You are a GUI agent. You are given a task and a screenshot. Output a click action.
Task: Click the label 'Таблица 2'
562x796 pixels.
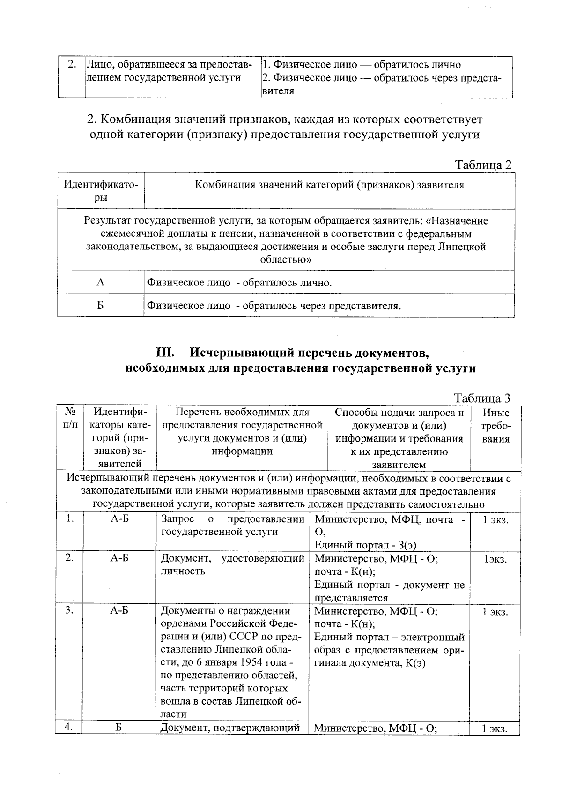(483, 165)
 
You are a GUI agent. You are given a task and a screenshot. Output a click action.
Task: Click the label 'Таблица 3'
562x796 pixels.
(482, 398)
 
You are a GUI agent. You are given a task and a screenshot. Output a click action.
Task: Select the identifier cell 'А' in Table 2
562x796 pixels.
(101, 283)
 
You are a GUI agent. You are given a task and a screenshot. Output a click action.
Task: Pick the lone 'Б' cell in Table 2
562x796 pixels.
(101, 306)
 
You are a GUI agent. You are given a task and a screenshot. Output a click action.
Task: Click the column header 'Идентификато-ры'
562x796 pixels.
(101, 191)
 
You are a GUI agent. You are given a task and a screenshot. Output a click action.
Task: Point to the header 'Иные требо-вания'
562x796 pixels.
(495, 426)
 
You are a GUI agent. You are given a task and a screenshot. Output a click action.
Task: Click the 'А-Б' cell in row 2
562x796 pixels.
(119, 558)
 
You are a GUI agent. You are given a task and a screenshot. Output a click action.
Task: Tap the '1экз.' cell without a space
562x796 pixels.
(495, 559)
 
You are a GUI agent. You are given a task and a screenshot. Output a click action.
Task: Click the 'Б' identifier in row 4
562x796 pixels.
(119, 728)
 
